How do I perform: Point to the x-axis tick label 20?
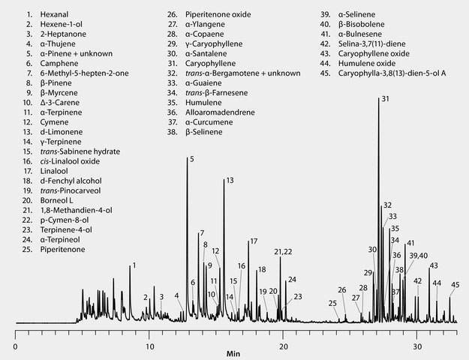(x=283, y=337)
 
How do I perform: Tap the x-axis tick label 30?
(x=417, y=337)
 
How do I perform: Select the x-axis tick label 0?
(x=16, y=337)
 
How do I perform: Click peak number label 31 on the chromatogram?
(x=385, y=99)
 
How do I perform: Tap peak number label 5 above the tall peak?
(x=192, y=159)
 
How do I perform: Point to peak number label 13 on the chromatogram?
(x=230, y=181)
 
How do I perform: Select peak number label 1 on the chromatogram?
(x=134, y=265)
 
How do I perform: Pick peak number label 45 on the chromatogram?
(x=455, y=285)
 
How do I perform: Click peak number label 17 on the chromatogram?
(x=254, y=241)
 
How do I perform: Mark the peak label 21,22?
(x=283, y=251)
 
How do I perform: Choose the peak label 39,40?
(x=418, y=256)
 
